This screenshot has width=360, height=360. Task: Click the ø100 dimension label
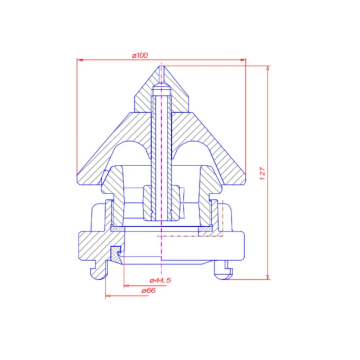(x=140, y=56)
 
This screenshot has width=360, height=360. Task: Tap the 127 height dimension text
(x=263, y=174)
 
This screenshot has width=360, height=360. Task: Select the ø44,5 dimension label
(x=160, y=280)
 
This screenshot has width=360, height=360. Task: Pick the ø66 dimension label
(x=148, y=291)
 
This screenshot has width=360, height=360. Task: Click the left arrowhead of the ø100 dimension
(x=80, y=60)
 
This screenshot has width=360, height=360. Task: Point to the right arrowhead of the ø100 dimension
(x=243, y=60)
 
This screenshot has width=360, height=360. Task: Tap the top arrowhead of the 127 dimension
(x=268, y=69)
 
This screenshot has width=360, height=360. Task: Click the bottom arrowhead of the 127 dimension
(x=268, y=277)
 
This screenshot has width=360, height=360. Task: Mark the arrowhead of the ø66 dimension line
(x=108, y=296)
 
